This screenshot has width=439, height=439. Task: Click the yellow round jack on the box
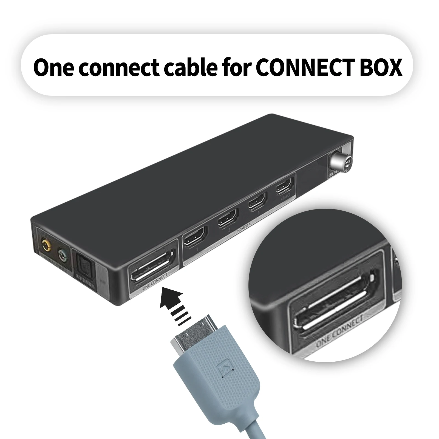[x=46, y=244]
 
